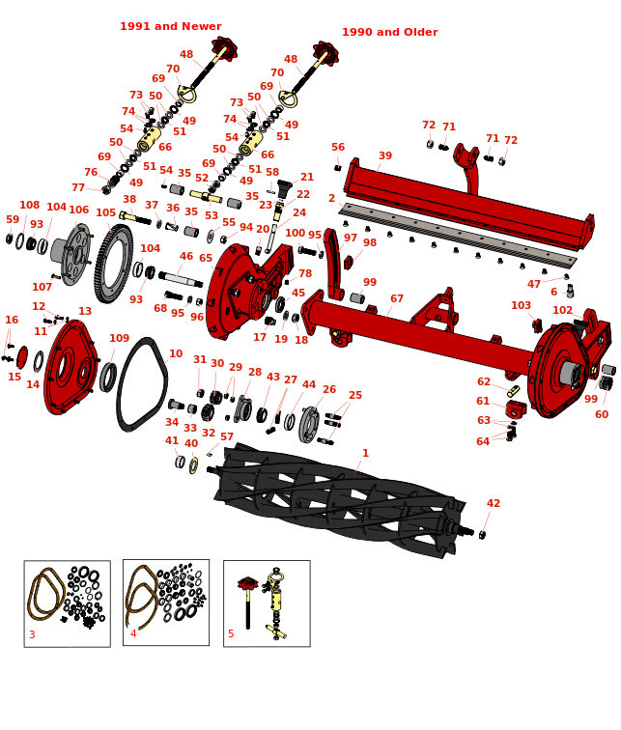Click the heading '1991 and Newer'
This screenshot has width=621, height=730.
pyautogui.click(x=171, y=26)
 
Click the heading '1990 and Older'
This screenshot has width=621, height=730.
pyautogui.click(x=390, y=32)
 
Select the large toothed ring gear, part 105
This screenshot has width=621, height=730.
pyautogui.click(x=114, y=264)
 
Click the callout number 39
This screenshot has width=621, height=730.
pyautogui.click(x=385, y=155)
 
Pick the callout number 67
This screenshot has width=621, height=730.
pyautogui.click(x=397, y=298)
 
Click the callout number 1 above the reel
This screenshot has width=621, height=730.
pyautogui.click(x=365, y=453)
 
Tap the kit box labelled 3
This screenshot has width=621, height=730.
pyautogui.click(x=68, y=604)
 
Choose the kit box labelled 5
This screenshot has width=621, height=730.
pyautogui.click(x=267, y=604)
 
